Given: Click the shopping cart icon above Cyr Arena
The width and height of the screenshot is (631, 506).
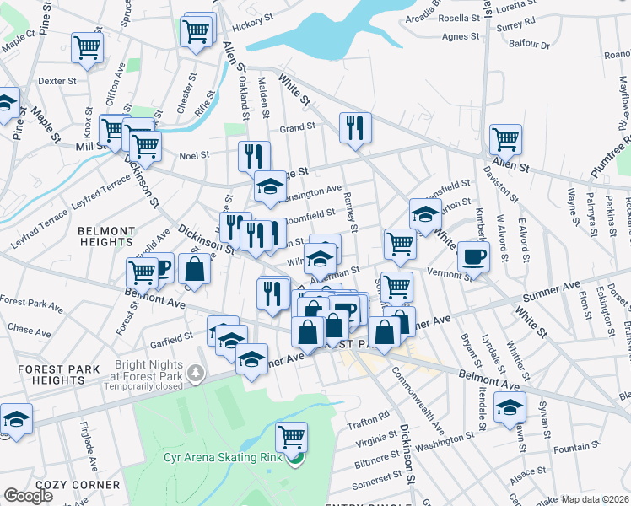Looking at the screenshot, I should coord(291,437).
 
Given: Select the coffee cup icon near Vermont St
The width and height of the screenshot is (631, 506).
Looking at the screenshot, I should coord(473,256).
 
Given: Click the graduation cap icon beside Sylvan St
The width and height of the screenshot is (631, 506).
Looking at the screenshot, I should coord(510,407).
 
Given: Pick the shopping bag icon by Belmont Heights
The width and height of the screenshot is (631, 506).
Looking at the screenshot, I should coord(194,269).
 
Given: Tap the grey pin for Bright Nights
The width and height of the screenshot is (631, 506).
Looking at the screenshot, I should coord(196,372).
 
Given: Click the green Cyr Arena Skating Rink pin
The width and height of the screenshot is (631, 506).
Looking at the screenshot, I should coord(294,460).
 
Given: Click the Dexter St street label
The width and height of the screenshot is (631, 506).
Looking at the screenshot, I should coord(57,82).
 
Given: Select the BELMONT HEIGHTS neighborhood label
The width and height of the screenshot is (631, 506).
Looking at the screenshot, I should coord(118,236).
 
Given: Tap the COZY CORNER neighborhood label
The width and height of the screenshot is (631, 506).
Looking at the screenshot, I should coord(84,485).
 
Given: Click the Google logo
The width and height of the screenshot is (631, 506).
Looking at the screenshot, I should coord(28,496).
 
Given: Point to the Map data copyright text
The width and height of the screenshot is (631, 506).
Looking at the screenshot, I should coord(595,499).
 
